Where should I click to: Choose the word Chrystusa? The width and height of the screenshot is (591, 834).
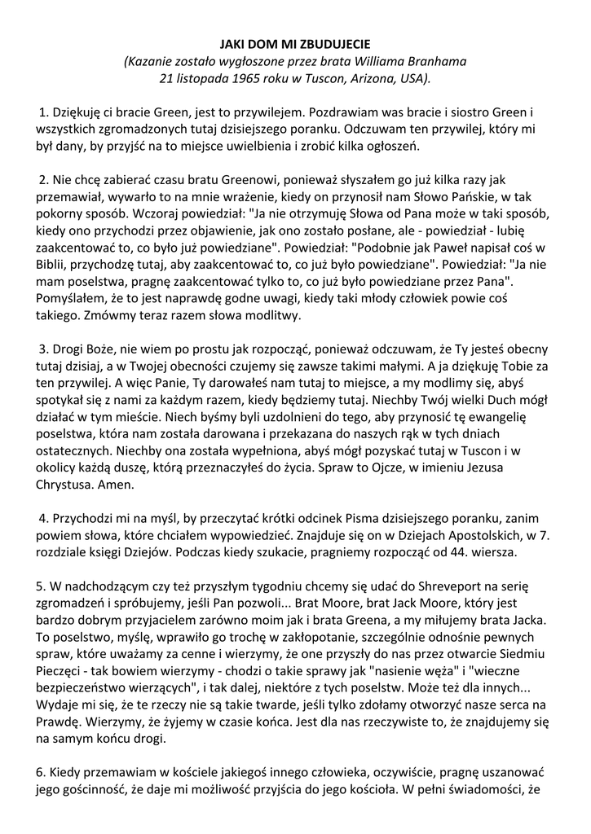[66, 486]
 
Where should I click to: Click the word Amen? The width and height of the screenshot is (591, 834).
[120, 486]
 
